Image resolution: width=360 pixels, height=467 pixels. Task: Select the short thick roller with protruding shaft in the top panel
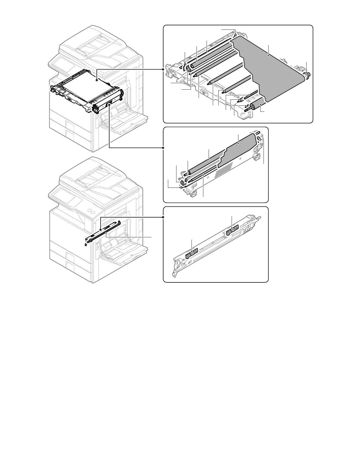[x=256, y=106]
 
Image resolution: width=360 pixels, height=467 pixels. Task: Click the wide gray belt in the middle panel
[x=239, y=150]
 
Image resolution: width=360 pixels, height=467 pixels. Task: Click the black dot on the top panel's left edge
[x=163, y=69]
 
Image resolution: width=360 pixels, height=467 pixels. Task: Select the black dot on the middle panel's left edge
[x=163, y=147]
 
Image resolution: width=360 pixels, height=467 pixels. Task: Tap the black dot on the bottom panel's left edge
[x=163, y=217]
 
